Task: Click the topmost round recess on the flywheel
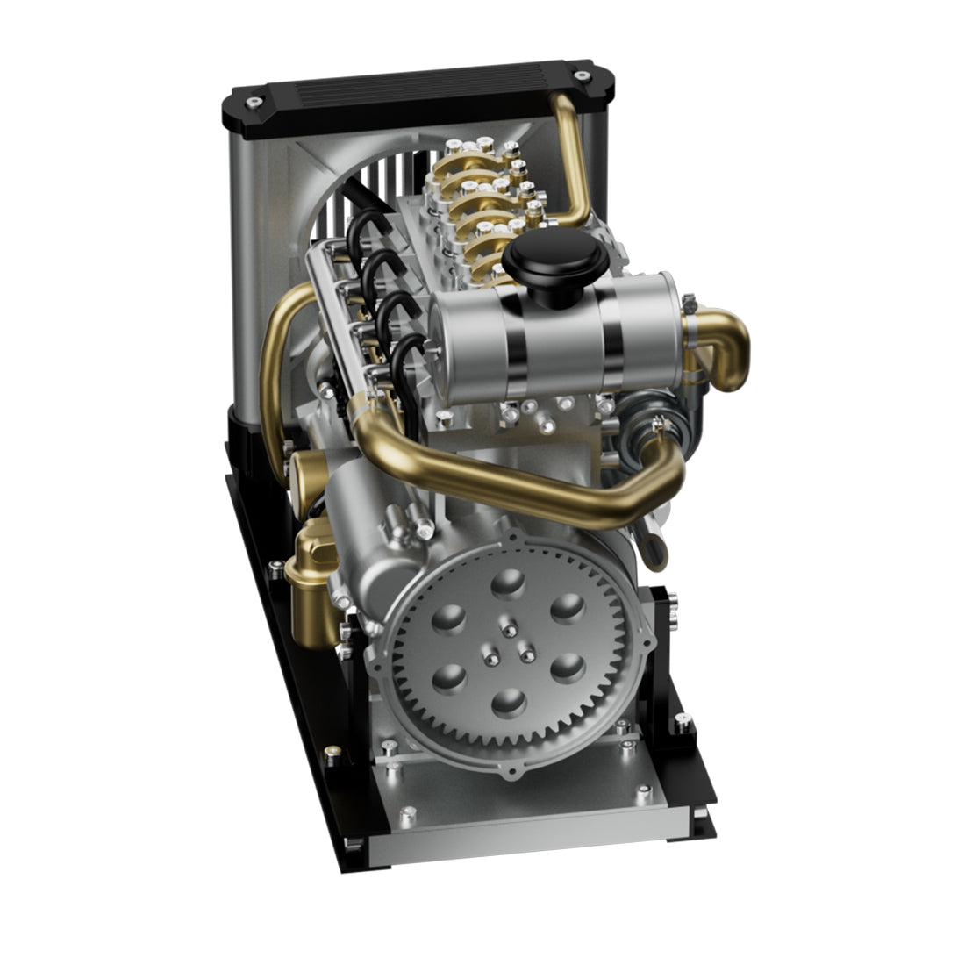tap(510, 583)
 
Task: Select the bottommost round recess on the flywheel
tap(510, 702)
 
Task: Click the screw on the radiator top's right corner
tap(581, 76)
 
